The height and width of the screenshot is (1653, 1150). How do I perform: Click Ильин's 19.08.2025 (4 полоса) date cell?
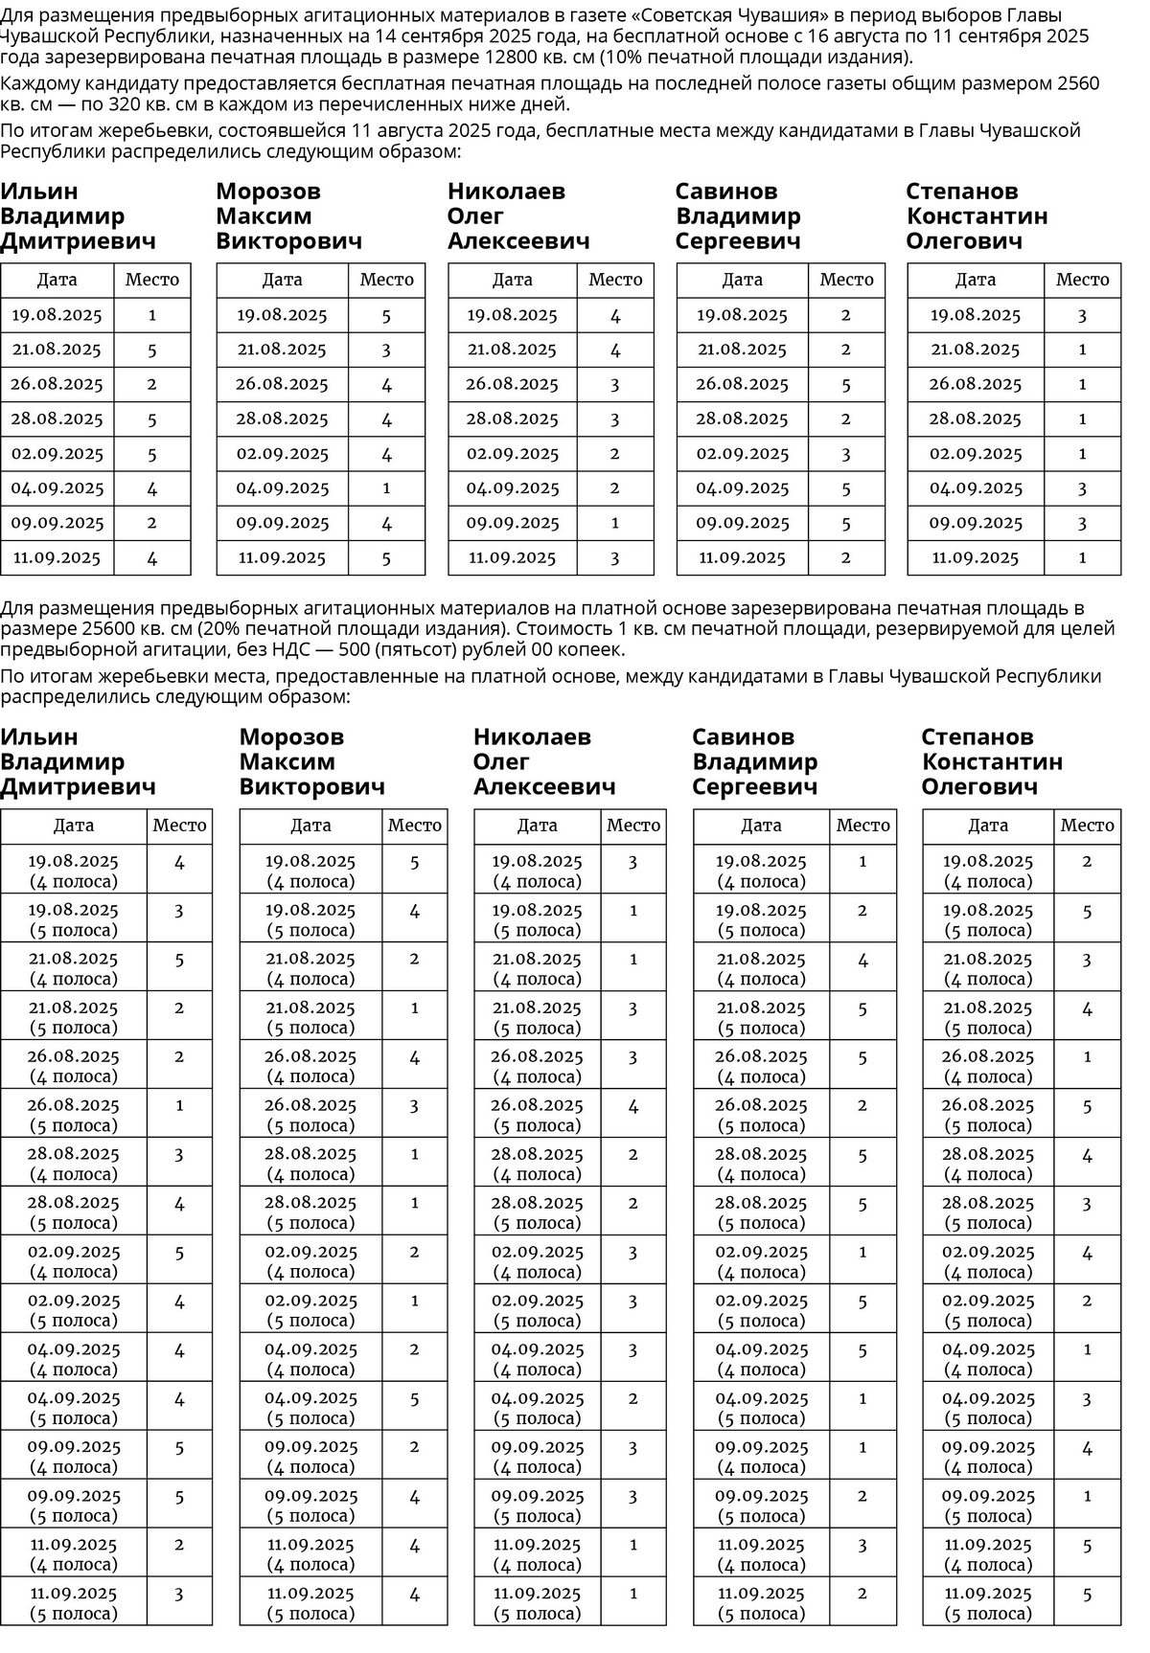pos(74,871)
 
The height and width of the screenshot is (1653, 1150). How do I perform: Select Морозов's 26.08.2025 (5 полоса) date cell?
pos(310,1115)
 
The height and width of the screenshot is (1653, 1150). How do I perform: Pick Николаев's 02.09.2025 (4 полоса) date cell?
pos(538,1261)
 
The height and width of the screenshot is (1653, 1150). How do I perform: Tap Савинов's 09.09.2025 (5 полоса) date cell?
pos(761,1506)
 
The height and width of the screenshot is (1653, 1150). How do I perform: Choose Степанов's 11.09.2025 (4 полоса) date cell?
pos(988,1554)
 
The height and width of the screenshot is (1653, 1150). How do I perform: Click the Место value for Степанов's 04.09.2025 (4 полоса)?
pos(1087,1349)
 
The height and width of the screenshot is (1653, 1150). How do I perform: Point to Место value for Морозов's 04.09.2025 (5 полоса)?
pos(414,1398)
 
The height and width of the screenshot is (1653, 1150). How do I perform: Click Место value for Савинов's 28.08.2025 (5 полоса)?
pos(862,1204)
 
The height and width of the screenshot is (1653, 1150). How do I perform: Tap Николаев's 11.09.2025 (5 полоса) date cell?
pos(538,1603)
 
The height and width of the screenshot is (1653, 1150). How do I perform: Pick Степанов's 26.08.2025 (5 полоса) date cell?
pos(988,1115)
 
